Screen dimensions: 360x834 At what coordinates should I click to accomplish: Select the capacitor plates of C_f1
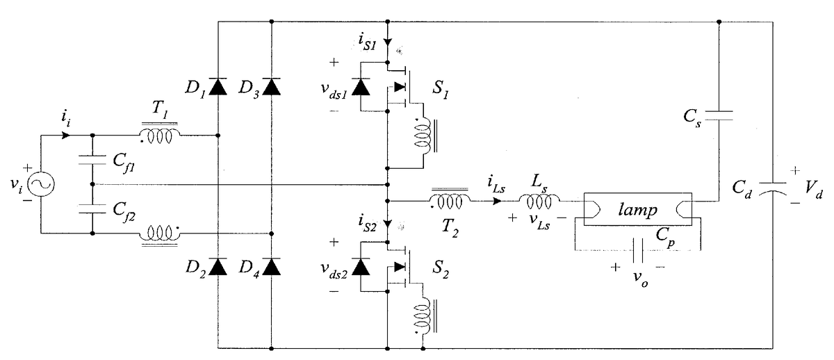pyautogui.click(x=92, y=161)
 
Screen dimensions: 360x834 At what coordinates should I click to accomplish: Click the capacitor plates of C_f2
pyautogui.click(x=92, y=208)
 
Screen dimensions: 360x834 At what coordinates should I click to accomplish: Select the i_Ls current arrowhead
pyautogui.click(x=497, y=202)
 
